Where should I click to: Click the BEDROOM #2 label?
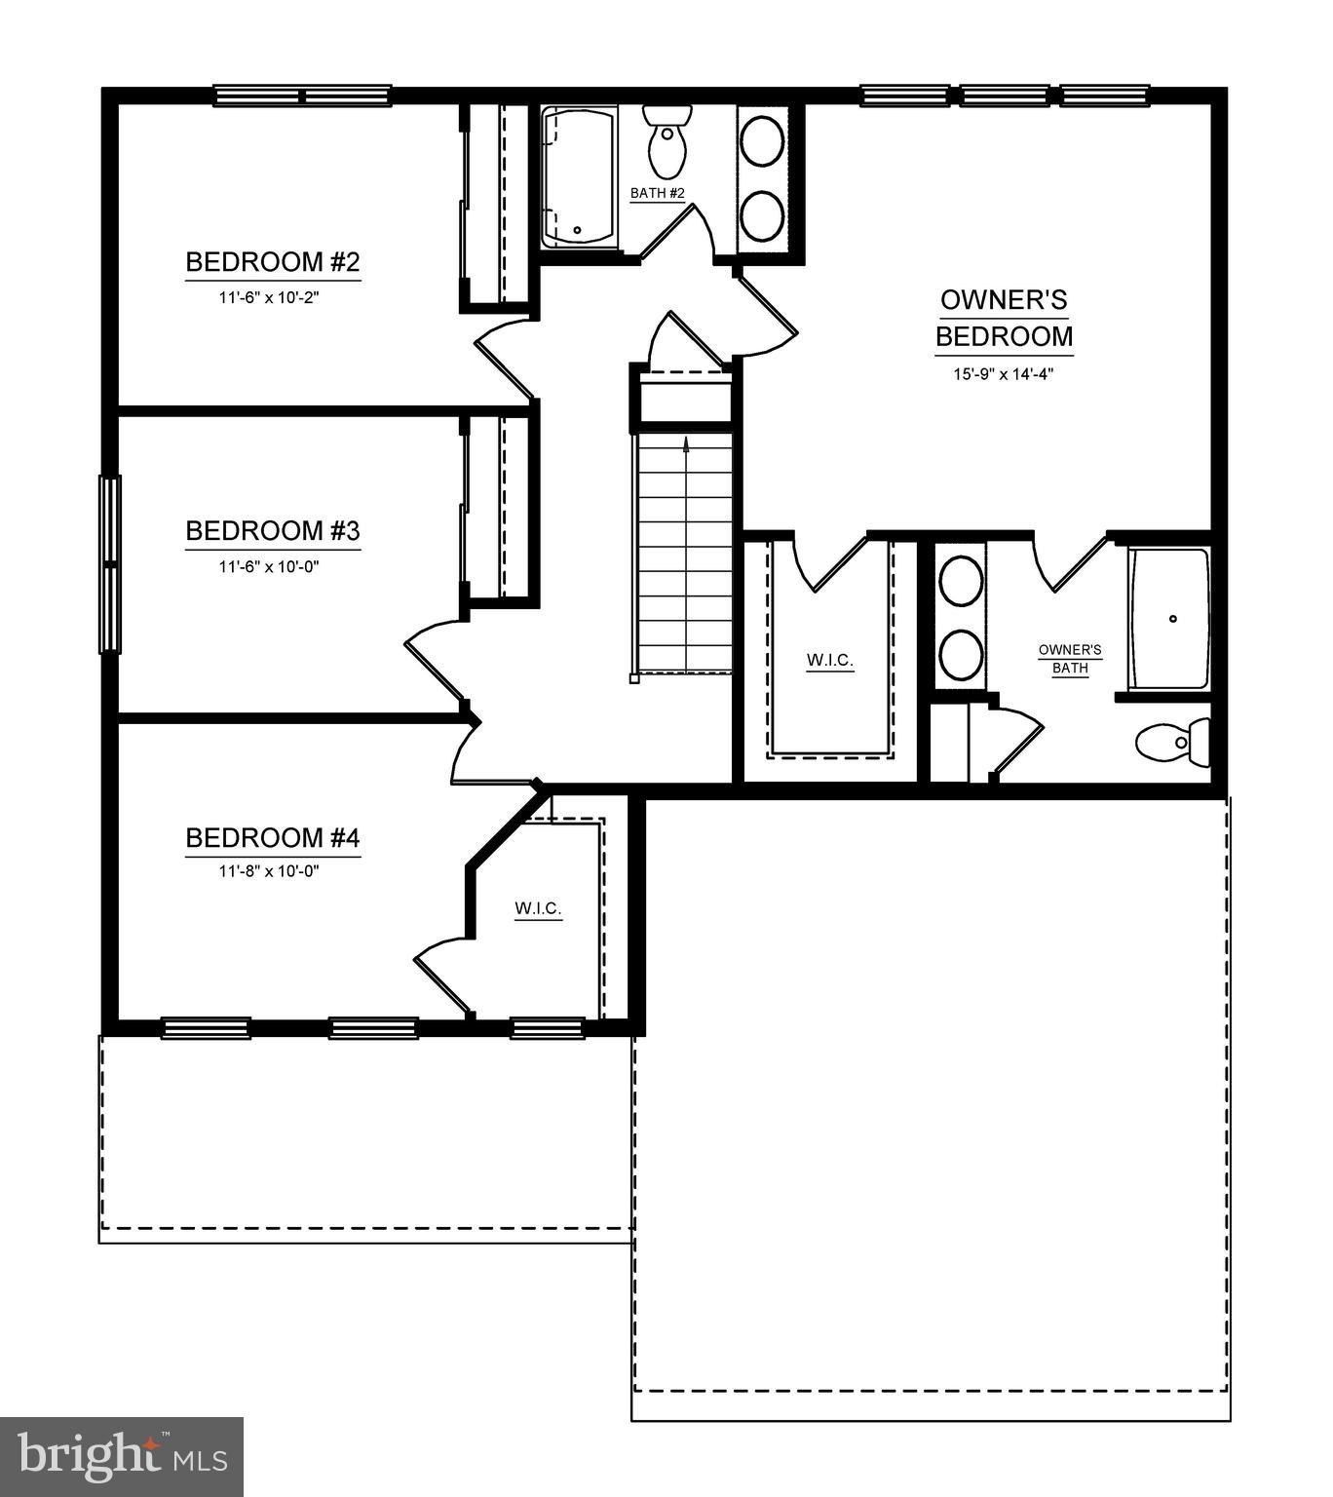pyautogui.click(x=273, y=262)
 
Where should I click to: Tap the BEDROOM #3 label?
pyautogui.click(x=273, y=531)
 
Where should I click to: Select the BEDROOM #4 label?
pyautogui.click(x=273, y=838)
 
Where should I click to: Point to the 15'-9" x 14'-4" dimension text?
pyautogui.click(x=1004, y=373)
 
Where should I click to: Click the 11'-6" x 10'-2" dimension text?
pyautogui.click(x=269, y=296)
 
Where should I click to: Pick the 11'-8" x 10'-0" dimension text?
pyautogui.click(x=269, y=870)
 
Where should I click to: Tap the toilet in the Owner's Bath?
pyautogui.click(x=1171, y=743)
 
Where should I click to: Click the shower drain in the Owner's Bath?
pyautogui.click(x=1173, y=618)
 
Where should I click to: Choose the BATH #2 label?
pyautogui.click(x=658, y=193)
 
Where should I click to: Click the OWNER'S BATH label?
pyautogui.click(x=1069, y=659)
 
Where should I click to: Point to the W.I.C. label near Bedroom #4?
pyautogui.click(x=539, y=909)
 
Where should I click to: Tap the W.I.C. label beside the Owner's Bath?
pyautogui.click(x=830, y=661)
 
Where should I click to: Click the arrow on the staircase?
pyautogui.click(x=687, y=444)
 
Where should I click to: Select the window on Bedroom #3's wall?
pyautogui.click(x=111, y=563)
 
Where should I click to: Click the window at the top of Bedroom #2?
pyautogui.click(x=302, y=96)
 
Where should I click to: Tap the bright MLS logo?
pyautogui.click(x=122, y=1456)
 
